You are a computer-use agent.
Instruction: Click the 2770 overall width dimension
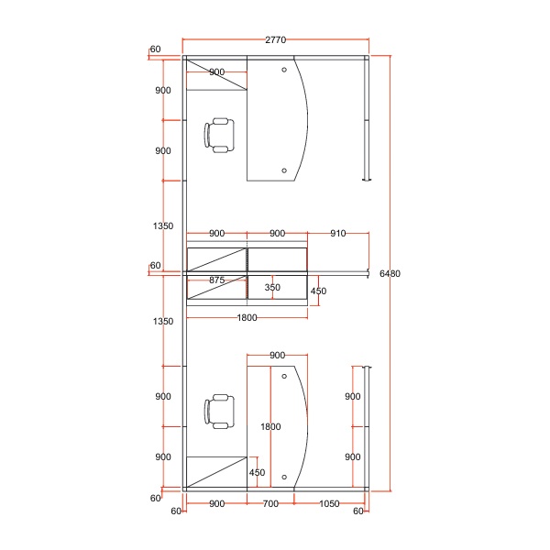pyautogui.click(x=275, y=40)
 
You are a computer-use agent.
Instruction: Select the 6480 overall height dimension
pyautogui.click(x=390, y=273)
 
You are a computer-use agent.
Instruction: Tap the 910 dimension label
pyautogui.click(x=337, y=233)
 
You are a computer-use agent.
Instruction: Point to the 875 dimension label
pyautogui.click(x=216, y=280)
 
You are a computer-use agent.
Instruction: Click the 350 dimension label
pyautogui.click(x=272, y=287)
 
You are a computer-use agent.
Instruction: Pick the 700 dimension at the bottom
pyautogui.click(x=270, y=503)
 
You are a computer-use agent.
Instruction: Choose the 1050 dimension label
pyautogui.click(x=329, y=503)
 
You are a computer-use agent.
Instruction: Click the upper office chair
pyautogui.click(x=219, y=136)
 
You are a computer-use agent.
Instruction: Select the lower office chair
pyautogui.click(x=219, y=412)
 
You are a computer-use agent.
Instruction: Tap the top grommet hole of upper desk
pyautogui.click(x=284, y=70)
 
